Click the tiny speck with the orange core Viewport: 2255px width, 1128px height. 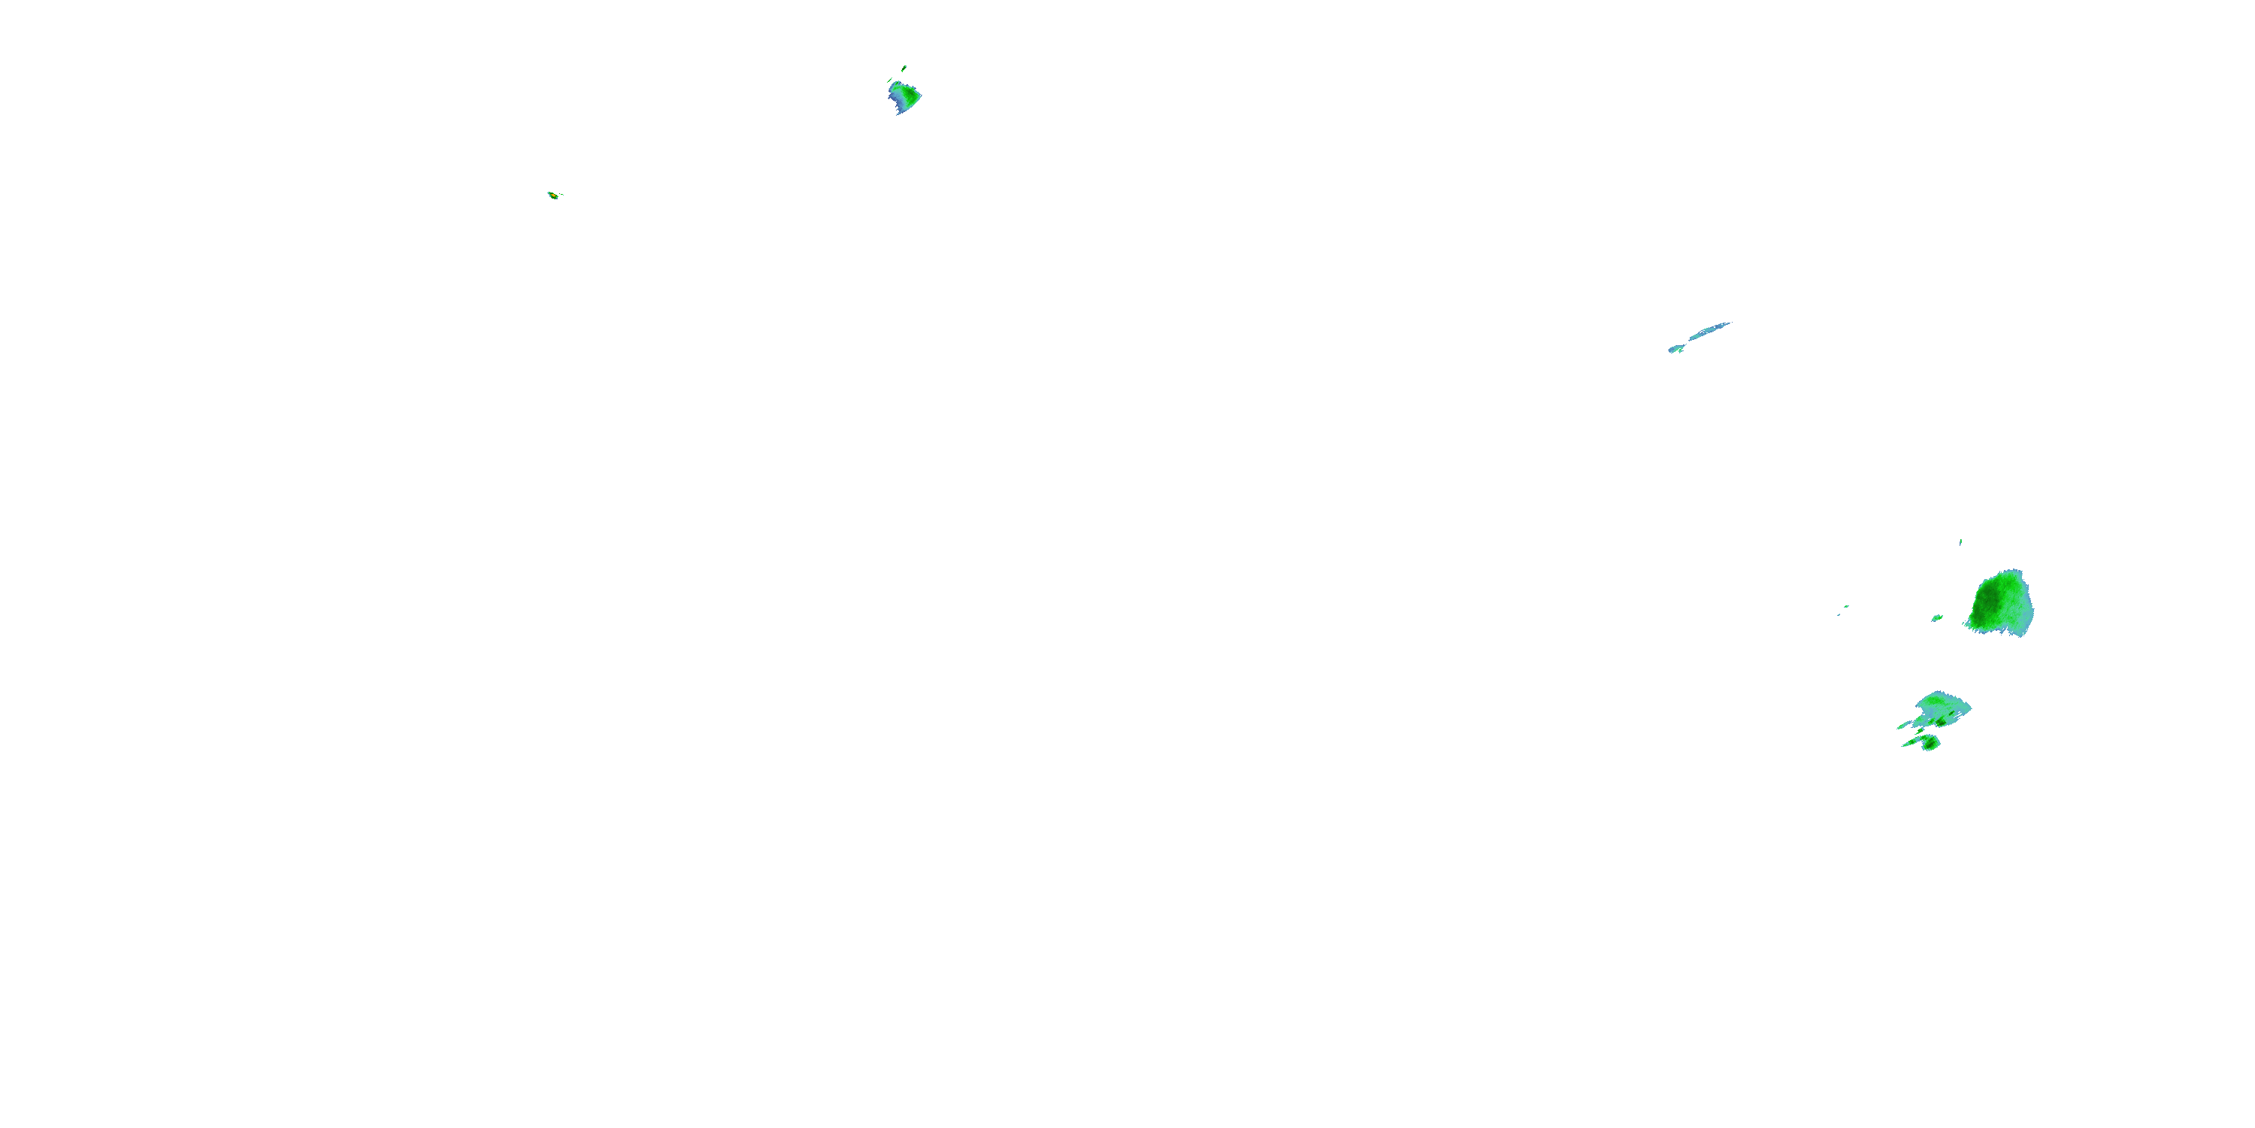coord(552,196)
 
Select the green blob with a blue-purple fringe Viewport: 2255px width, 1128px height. coord(904,96)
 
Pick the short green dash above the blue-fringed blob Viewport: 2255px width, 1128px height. coord(904,68)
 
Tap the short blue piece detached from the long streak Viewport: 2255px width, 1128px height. coord(1675,349)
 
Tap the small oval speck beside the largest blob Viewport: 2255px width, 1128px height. coord(1937,617)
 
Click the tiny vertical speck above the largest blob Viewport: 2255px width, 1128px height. coord(1961,542)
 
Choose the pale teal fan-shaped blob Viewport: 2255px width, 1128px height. coord(1943,708)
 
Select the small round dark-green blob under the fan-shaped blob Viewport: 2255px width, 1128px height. coord(1929,743)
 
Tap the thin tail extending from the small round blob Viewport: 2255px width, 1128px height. coord(1908,744)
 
